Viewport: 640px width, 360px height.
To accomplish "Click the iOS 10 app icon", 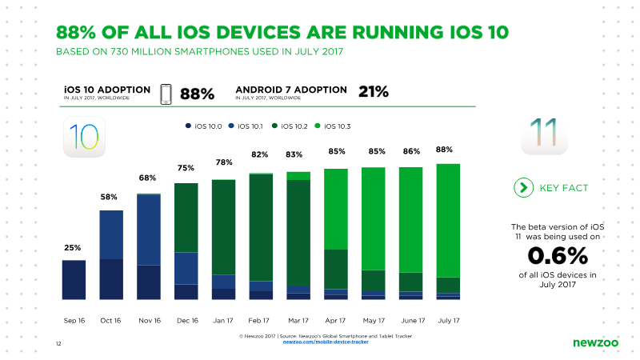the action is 84,137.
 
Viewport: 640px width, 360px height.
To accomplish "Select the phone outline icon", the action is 166,94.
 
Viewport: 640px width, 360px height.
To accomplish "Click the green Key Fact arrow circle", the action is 524,188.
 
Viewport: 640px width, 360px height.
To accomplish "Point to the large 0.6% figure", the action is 558,256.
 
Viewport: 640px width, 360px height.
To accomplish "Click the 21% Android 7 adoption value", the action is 374,92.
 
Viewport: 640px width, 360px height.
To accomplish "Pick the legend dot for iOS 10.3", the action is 318,126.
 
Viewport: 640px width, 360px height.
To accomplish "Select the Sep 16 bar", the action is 74,280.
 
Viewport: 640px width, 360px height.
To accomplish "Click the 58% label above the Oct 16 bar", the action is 109,197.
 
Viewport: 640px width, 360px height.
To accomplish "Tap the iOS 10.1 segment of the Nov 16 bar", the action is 149,230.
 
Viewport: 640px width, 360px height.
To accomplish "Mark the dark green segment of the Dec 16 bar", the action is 186,218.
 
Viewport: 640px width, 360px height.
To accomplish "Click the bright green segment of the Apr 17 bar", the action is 336,209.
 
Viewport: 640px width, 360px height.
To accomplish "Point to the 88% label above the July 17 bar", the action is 444,150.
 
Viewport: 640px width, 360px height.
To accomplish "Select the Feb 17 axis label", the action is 258,321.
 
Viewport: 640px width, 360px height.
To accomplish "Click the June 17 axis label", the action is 413,321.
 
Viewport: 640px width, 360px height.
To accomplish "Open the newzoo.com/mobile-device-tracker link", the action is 326,342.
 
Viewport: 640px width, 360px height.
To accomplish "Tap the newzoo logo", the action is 595,343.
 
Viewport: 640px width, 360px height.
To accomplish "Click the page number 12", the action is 58,344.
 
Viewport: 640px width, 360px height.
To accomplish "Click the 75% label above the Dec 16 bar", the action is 186,168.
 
